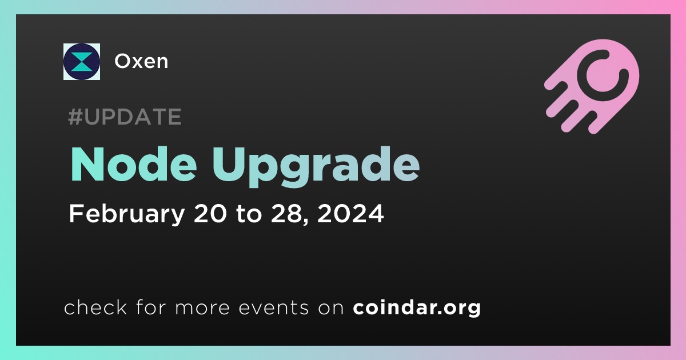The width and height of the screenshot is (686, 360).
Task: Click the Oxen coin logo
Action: [82, 62]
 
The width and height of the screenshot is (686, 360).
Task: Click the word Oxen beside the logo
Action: [141, 61]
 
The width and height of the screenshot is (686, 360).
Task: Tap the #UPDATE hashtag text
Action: [125, 117]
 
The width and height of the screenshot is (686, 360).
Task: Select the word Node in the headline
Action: [134, 165]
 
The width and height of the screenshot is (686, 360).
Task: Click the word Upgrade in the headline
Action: [316, 167]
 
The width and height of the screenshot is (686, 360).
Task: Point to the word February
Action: [127, 214]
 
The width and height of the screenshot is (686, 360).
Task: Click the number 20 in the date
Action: [210, 213]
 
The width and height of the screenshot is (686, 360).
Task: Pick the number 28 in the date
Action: [289, 213]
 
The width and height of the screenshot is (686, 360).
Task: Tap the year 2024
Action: [350, 213]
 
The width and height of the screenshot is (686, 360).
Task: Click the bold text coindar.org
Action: [417, 307]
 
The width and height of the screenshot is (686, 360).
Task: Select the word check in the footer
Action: [95, 307]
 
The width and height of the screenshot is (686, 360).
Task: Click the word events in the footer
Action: [274, 307]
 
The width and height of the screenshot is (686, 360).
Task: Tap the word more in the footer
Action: [202, 308]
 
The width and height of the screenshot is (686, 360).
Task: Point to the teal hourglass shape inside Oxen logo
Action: [82, 62]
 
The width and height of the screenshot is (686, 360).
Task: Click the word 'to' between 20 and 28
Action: [249, 214]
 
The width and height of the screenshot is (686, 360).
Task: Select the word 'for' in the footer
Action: [151, 307]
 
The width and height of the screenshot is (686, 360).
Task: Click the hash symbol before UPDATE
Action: [75, 117]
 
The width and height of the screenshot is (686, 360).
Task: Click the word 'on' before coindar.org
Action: [331, 308]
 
